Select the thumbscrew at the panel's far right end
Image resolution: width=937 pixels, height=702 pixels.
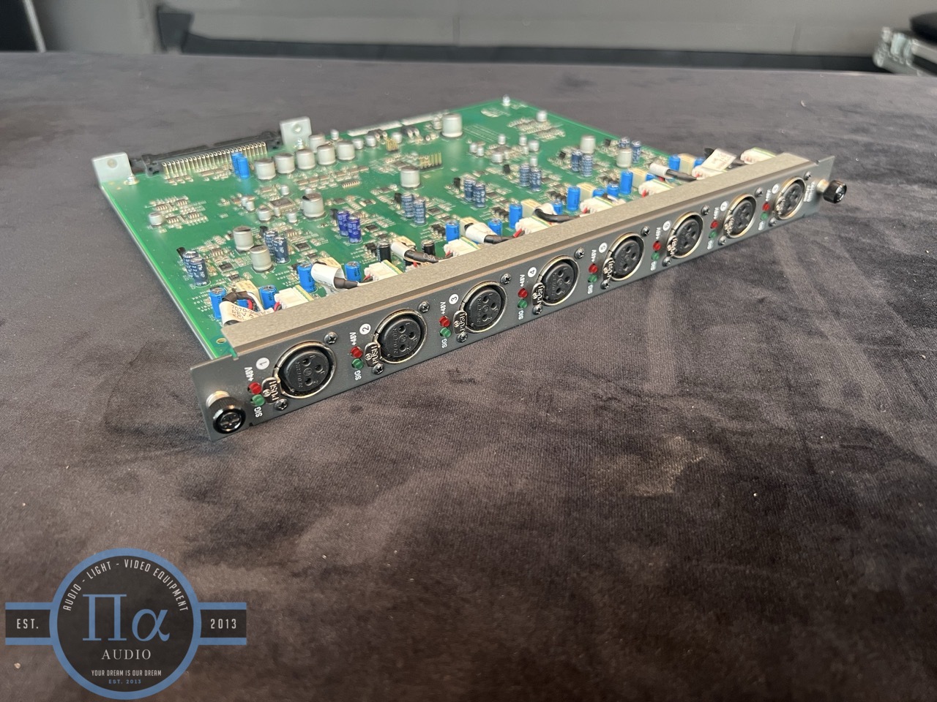pyautogui.click(x=835, y=194)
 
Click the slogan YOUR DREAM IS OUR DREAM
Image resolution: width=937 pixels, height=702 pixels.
pyautogui.click(x=125, y=671)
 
